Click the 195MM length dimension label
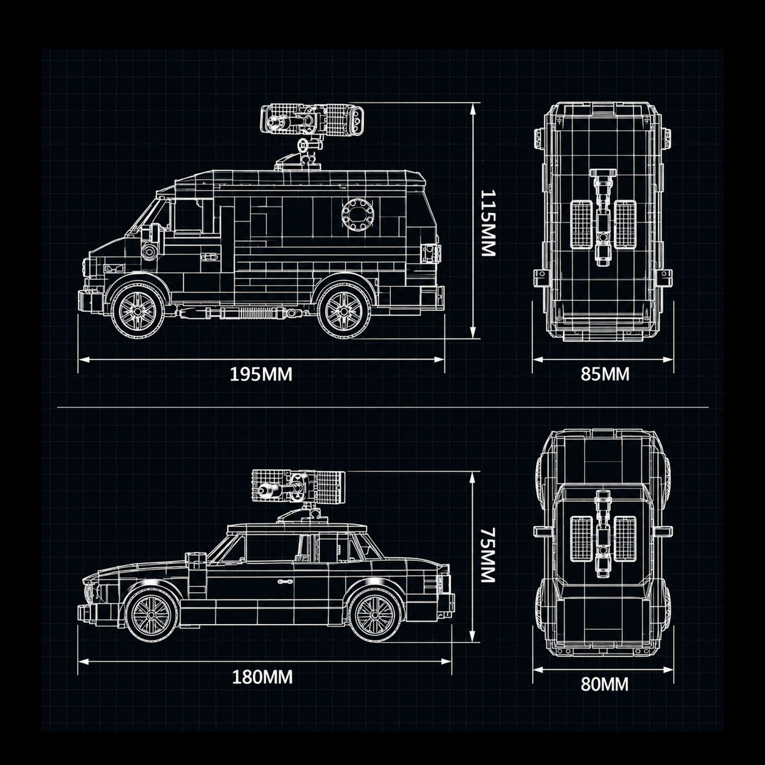point(261,374)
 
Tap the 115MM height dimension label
point(488,222)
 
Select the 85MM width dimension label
point(604,374)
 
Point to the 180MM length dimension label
point(262,677)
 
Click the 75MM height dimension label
point(488,555)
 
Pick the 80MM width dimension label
point(604,684)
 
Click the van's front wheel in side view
point(137,310)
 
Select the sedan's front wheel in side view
point(152,615)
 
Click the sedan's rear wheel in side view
point(375,615)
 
